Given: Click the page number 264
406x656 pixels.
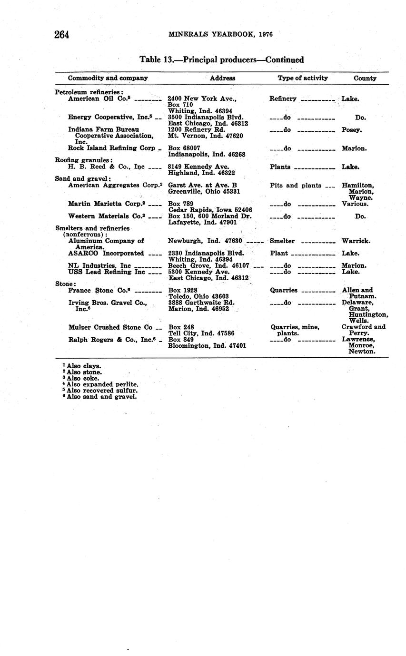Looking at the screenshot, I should (62, 35).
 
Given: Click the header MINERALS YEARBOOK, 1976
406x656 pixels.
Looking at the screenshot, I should (221, 34).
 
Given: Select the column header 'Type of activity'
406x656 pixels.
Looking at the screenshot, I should (303, 78).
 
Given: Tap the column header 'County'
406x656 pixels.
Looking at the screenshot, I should (365, 78).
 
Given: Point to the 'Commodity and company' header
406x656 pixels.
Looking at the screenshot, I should (108, 78).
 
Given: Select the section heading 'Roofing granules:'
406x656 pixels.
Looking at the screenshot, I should (84, 160).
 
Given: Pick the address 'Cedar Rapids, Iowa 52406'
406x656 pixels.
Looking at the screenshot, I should (210, 210).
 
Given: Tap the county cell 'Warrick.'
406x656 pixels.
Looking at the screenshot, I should (356, 241).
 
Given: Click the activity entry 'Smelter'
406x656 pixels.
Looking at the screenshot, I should (282, 241).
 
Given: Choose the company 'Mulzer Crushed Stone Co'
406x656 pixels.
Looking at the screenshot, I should (110, 327).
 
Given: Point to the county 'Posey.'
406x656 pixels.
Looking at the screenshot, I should (352, 129).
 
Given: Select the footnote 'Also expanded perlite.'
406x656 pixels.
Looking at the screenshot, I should (102, 384).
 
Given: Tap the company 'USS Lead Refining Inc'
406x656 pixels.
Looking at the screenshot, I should (106, 272).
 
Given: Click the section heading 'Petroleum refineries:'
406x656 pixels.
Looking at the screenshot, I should (89, 92).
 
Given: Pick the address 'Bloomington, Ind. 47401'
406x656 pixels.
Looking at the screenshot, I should (207, 346).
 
